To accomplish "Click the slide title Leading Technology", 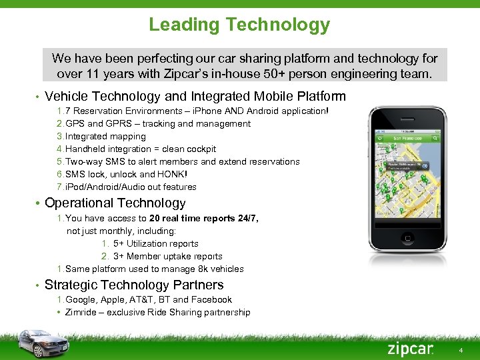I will coord(239,25).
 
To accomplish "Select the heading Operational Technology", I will coord(115,203).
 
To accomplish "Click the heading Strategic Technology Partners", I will coord(134,285).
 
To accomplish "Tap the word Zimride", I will coord(82,312).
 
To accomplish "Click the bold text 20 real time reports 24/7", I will coord(203,219).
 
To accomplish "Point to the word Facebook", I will coord(212,299).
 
